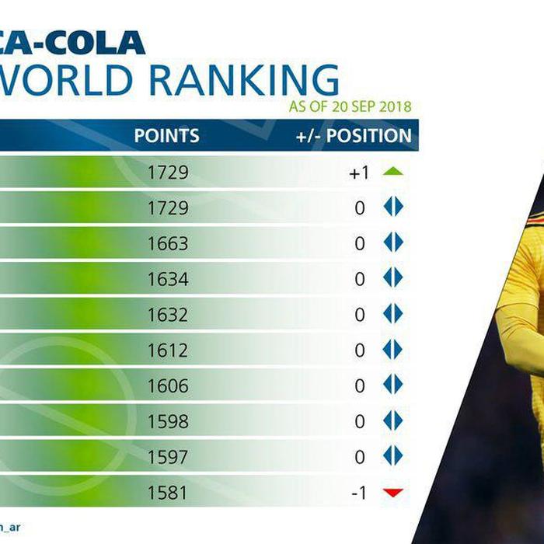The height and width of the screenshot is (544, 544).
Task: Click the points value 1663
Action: coord(168,243)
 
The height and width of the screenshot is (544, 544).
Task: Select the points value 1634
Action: coord(168,279)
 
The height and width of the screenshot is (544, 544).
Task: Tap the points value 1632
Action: coord(168,315)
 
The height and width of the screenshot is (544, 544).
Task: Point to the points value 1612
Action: coord(168,350)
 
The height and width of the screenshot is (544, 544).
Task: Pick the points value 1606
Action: coord(168,386)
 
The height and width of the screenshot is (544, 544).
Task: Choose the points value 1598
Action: coord(168,422)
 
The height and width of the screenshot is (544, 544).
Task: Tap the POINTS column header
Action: coord(166,136)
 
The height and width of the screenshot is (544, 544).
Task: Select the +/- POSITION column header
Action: coord(354,136)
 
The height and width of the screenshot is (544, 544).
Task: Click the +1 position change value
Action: coord(358,173)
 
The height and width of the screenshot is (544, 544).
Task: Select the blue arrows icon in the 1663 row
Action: coord(393,243)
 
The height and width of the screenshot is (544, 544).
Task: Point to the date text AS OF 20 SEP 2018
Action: coord(350,106)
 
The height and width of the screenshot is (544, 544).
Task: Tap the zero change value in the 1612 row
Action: coord(360,350)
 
